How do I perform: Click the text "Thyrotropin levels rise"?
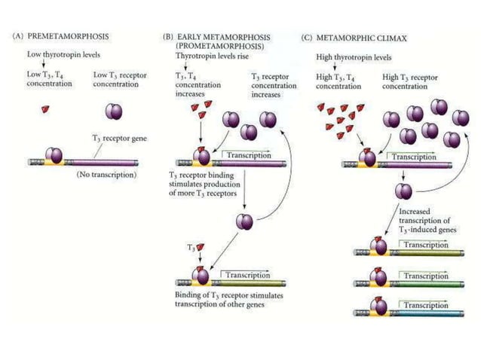(x=208, y=56)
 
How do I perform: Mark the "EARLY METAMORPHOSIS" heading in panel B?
(x=222, y=35)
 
